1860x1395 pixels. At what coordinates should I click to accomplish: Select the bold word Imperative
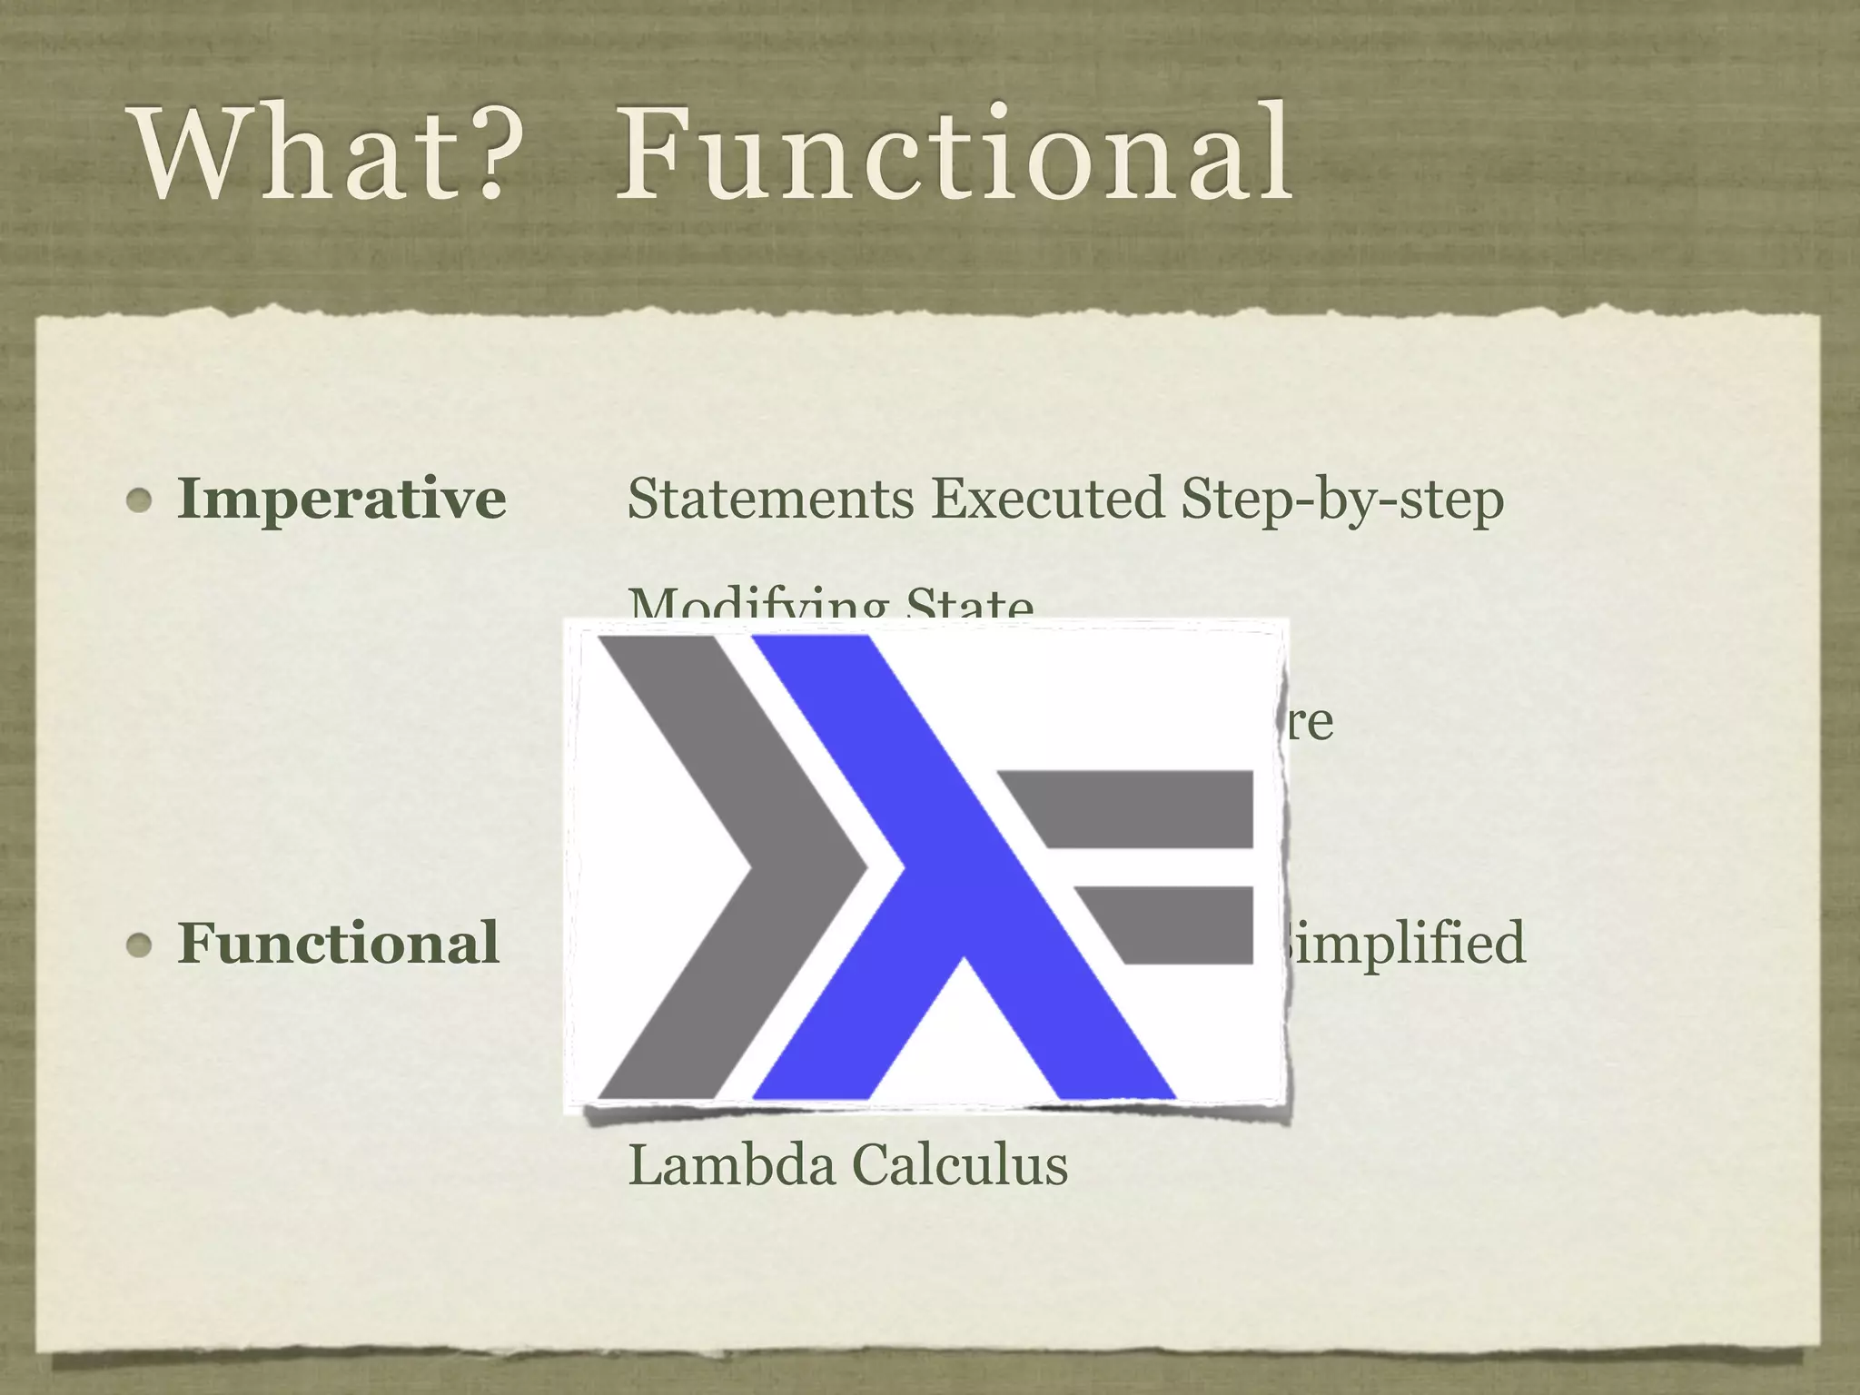(341, 500)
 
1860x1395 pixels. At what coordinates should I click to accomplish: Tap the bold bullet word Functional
(338, 943)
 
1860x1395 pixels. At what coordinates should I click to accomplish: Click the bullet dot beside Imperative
(139, 500)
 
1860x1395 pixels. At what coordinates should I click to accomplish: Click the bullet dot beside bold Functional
(139, 945)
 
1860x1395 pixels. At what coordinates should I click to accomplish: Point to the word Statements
(770, 500)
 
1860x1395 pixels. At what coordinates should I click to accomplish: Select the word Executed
(1046, 500)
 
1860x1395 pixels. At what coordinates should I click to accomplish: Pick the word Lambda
(731, 1164)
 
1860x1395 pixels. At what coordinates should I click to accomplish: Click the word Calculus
(961, 1164)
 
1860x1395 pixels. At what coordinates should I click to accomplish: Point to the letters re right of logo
(1310, 723)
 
